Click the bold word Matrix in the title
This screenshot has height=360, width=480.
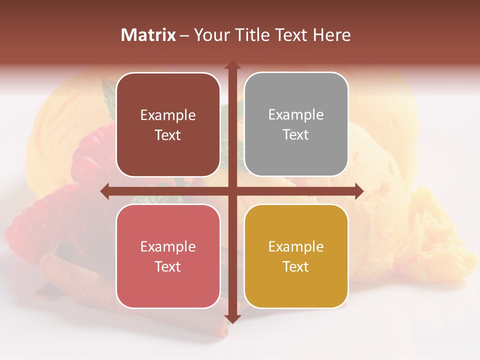tap(148, 35)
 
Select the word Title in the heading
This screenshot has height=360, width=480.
tap(252, 35)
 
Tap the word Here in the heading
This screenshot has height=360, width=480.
tap(331, 35)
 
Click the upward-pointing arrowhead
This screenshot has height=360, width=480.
tap(232, 65)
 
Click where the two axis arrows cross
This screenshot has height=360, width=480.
tap(232, 191)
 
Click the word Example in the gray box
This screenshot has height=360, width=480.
tap(296, 115)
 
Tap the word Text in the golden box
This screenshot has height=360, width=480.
tap(296, 266)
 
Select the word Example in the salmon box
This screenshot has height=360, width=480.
tap(168, 246)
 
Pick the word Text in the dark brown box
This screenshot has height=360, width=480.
tap(168, 135)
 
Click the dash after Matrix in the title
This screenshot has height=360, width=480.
tap(184, 35)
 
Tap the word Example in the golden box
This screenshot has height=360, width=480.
tap(296, 246)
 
